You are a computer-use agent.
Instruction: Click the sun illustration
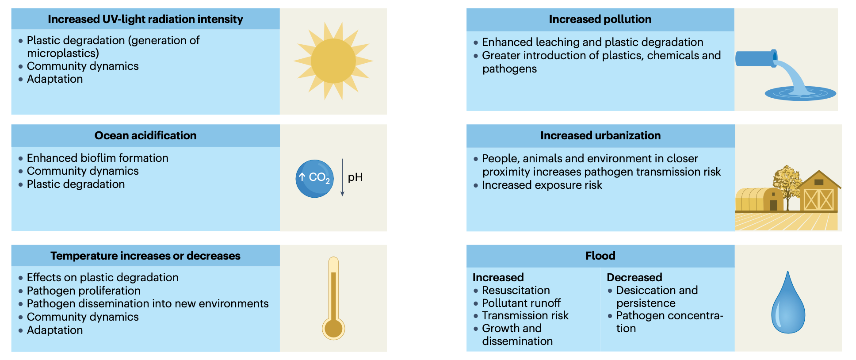[x=333, y=61]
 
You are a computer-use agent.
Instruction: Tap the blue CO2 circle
[x=314, y=178]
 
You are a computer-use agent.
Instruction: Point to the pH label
[x=355, y=177]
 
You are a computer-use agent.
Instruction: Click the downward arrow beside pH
[x=342, y=177]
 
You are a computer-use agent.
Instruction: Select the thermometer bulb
[x=333, y=329]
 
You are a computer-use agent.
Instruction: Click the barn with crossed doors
[x=818, y=194]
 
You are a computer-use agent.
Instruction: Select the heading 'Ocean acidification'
[x=145, y=135]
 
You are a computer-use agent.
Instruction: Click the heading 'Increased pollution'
[x=600, y=19]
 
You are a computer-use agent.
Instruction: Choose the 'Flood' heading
[x=600, y=256]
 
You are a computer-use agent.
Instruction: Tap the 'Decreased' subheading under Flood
[x=634, y=277]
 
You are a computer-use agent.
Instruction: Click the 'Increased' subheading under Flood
[x=498, y=277]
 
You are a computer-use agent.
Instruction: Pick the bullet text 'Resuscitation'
[x=516, y=290]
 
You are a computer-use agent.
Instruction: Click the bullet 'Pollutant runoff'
[x=521, y=303]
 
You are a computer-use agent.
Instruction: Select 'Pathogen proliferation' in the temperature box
[x=84, y=291]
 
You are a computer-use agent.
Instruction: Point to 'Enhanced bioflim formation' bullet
[x=97, y=158]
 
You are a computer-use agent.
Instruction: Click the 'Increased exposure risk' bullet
[x=542, y=185]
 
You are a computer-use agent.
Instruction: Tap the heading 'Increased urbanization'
[x=600, y=135]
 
